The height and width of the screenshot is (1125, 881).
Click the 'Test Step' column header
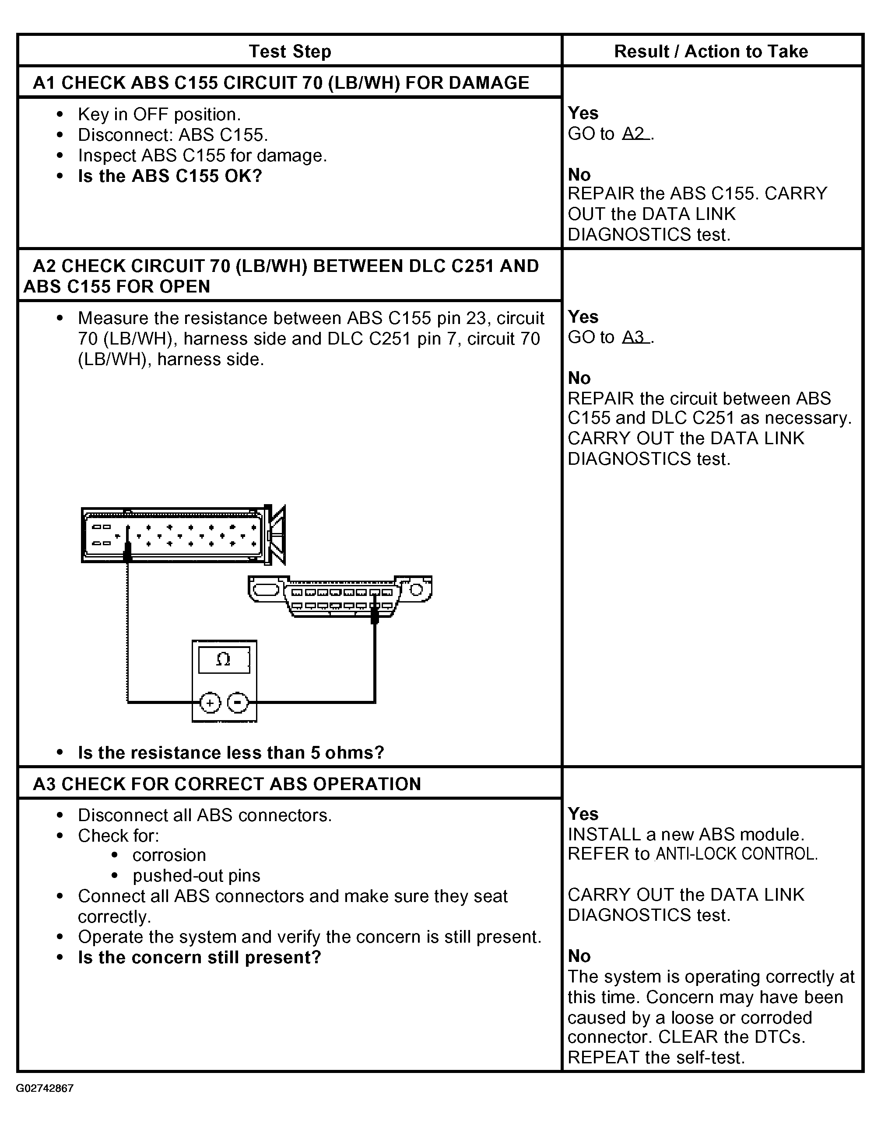pyautogui.click(x=290, y=52)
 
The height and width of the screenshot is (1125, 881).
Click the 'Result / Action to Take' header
pyautogui.click(x=711, y=52)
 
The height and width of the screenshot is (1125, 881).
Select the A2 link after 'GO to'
pyautogui.click(x=635, y=134)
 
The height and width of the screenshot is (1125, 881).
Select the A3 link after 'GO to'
pyautogui.click(x=635, y=338)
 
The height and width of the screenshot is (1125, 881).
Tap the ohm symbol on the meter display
pyautogui.click(x=223, y=659)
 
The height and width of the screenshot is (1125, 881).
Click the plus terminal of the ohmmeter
pyautogui.click(x=210, y=703)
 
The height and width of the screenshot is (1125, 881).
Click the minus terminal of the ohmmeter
pyautogui.click(x=238, y=703)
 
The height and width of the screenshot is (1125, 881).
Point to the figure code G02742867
pyautogui.click(x=45, y=1088)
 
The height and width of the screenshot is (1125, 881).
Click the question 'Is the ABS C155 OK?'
pyautogui.click(x=170, y=176)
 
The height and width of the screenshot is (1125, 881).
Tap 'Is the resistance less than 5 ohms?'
pyautogui.click(x=231, y=753)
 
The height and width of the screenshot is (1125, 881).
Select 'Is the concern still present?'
pyautogui.click(x=200, y=958)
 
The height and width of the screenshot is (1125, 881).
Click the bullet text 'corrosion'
pyautogui.click(x=169, y=856)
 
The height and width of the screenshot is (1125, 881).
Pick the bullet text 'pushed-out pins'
pyautogui.click(x=196, y=876)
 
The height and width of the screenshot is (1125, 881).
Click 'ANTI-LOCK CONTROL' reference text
pyautogui.click(x=737, y=854)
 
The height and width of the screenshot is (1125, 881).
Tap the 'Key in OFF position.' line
pyautogui.click(x=159, y=115)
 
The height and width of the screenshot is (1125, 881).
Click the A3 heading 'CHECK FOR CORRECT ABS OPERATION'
pyautogui.click(x=227, y=784)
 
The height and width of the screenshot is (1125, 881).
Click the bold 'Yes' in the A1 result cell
pyautogui.click(x=583, y=113)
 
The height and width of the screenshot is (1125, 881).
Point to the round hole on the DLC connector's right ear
pyautogui.click(x=417, y=589)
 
